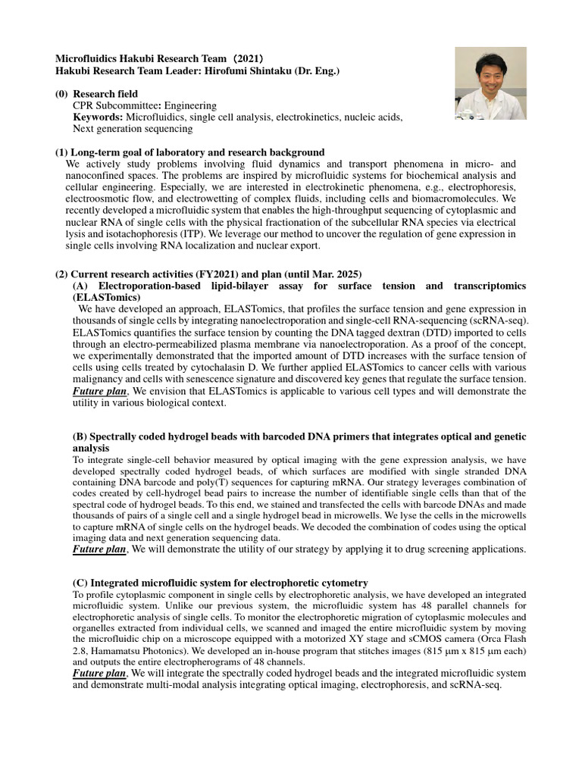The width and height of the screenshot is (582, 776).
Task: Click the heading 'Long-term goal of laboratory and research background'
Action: (x=198, y=152)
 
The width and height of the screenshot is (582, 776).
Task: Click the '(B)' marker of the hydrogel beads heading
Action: (x=80, y=437)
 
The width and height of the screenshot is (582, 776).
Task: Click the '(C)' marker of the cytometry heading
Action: (x=80, y=583)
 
